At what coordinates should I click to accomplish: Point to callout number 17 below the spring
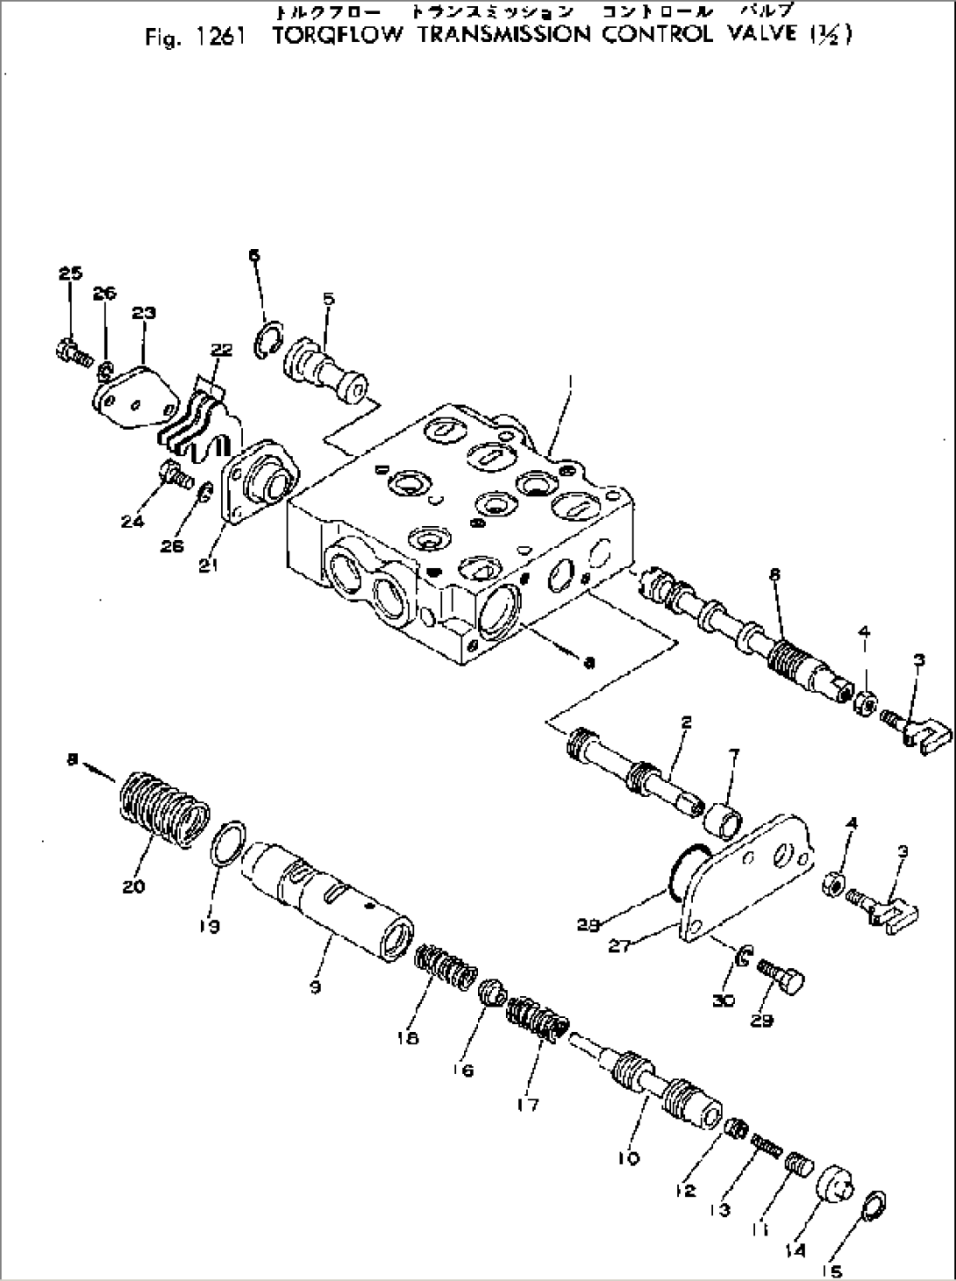[529, 1104]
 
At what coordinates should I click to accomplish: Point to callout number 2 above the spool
[686, 722]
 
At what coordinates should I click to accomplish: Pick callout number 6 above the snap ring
[253, 255]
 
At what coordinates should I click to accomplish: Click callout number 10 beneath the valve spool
[628, 1158]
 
